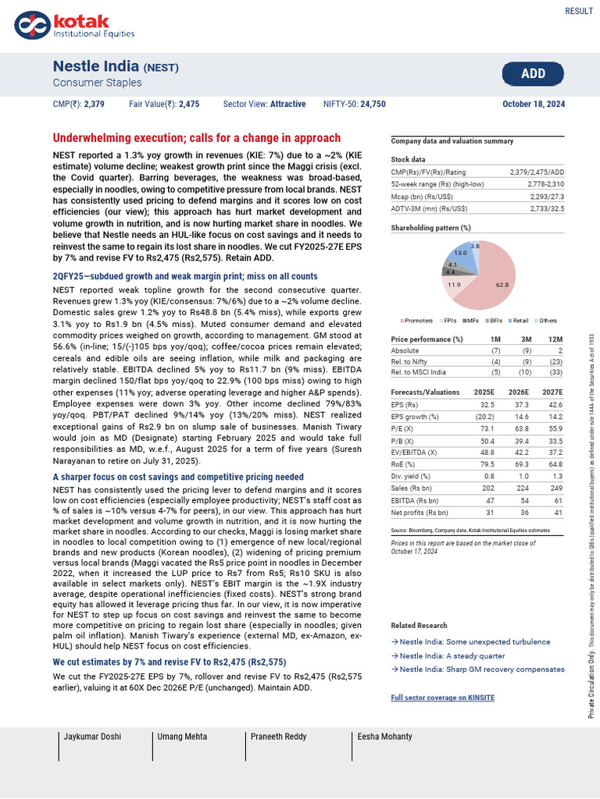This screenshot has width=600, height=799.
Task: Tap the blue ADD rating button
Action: [x=533, y=73]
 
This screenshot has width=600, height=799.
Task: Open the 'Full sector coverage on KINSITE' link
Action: [x=442, y=697]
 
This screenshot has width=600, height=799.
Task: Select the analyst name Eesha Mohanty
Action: [x=384, y=736]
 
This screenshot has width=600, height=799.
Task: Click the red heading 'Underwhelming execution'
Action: [x=196, y=138]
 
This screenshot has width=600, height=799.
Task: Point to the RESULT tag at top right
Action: [x=578, y=10]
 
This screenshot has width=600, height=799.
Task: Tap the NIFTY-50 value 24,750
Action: [x=373, y=103]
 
